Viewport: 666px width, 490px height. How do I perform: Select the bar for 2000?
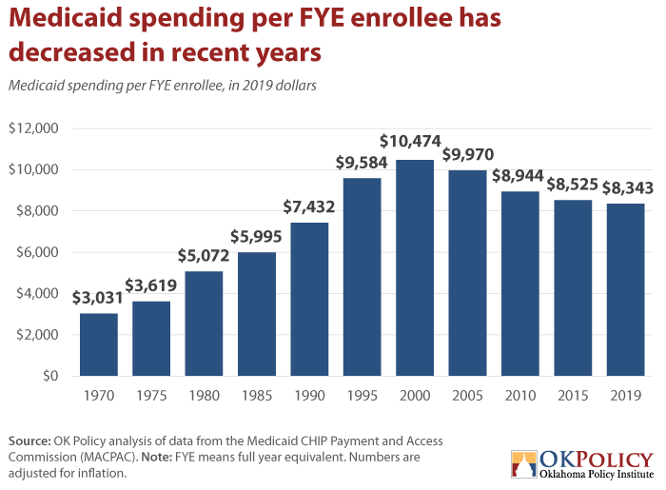click(415, 267)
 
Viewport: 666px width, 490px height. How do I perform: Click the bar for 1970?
click(99, 344)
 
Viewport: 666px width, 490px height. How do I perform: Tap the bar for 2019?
click(625, 289)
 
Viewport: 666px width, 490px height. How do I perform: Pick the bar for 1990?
click(309, 299)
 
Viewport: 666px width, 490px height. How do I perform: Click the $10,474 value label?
click(410, 141)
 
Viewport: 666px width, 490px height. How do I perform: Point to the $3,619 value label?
click(150, 285)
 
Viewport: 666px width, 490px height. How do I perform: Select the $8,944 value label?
click(518, 175)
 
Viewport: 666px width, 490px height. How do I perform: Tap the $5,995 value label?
click(256, 236)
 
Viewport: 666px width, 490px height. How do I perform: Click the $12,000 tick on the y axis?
click(33, 127)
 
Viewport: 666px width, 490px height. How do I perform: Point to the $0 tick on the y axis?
click(50, 376)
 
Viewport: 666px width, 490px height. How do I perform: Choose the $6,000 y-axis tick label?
click(37, 252)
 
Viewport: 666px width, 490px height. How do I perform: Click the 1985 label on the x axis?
click(257, 395)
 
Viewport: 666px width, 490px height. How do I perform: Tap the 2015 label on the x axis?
click(573, 395)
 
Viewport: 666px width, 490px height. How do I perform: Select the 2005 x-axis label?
click(467, 395)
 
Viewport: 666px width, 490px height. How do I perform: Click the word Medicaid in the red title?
click(66, 17)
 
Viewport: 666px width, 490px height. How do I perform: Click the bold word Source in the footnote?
click(29, 441)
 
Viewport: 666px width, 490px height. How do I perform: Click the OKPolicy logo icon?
click(524, 463)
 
